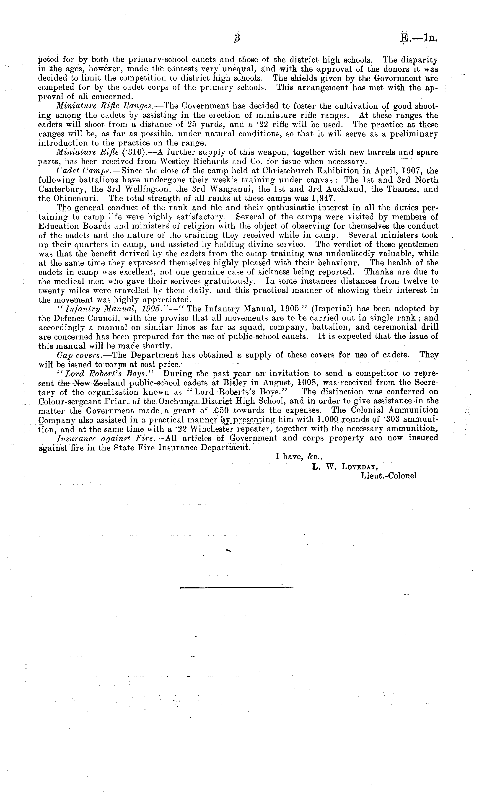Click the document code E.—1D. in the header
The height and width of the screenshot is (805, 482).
(419, 38)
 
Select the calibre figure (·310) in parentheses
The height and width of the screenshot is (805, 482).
(141, 152)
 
